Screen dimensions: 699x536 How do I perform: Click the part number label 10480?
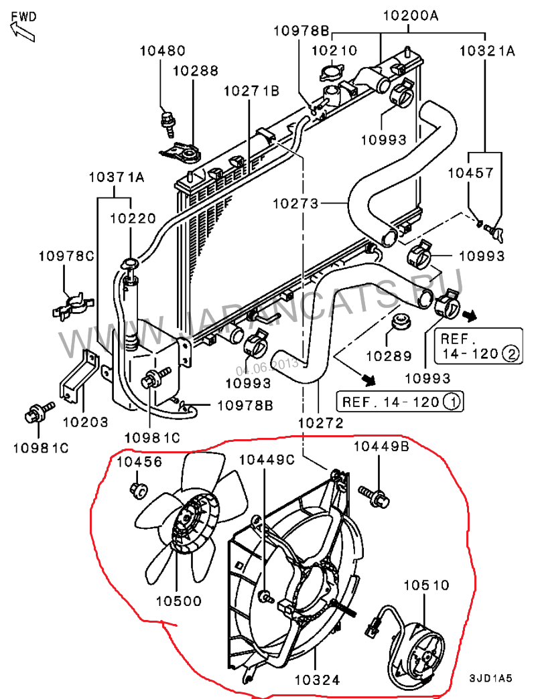[x=163, y=50]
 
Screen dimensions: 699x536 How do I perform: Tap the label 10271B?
[x=251, y=90]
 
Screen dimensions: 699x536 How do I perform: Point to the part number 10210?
[x=336, y=50]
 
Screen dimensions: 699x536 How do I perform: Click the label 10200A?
[x=410, y=15]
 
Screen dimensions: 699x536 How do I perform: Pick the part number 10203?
[x=85, y=422]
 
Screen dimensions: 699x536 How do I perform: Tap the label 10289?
[x=389, y=357]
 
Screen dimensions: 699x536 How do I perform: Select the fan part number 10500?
[x=179, y=601]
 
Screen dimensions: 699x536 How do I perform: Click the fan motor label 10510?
[x=426, y=585]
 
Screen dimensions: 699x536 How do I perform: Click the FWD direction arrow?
[x=22, y=30]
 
